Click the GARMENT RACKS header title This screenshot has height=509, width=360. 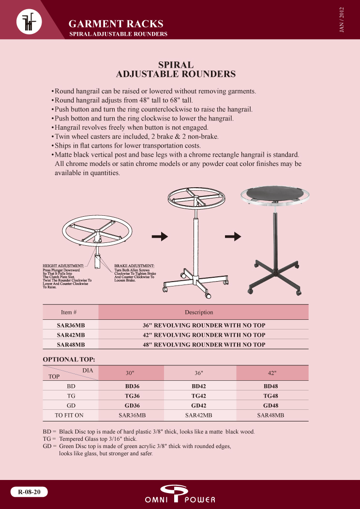116,24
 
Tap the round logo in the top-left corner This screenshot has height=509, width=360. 29,22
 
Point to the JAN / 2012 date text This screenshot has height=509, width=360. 342,20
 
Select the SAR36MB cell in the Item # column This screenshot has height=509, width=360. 71,325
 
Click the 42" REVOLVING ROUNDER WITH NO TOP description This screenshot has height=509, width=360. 204,335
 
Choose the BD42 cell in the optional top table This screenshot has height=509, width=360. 199,386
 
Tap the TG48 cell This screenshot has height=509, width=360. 270,396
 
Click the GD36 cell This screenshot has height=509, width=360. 132,405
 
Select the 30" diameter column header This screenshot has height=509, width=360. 130,373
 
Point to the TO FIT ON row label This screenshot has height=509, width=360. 69,415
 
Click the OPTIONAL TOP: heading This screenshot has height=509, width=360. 69,359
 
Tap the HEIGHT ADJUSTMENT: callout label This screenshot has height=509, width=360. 63,266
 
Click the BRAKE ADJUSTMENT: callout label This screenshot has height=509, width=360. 134,266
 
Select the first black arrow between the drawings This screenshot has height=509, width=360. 160,236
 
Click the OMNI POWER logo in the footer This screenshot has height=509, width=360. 180,494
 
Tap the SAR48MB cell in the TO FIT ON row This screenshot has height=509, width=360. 270,415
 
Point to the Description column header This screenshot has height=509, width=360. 199,312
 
